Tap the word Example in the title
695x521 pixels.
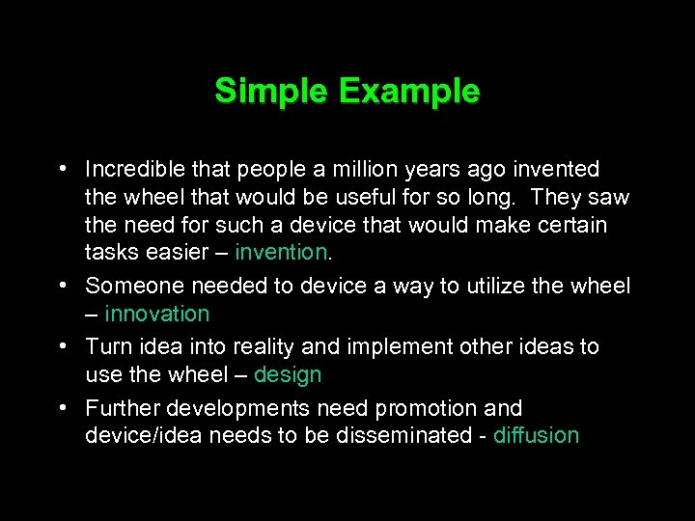click(408, 92)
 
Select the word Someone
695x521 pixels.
click(134, 286)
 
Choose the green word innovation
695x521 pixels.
click(156, 314)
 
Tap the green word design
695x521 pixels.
click(287, 374)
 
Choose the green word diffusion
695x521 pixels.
click(536, 435)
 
